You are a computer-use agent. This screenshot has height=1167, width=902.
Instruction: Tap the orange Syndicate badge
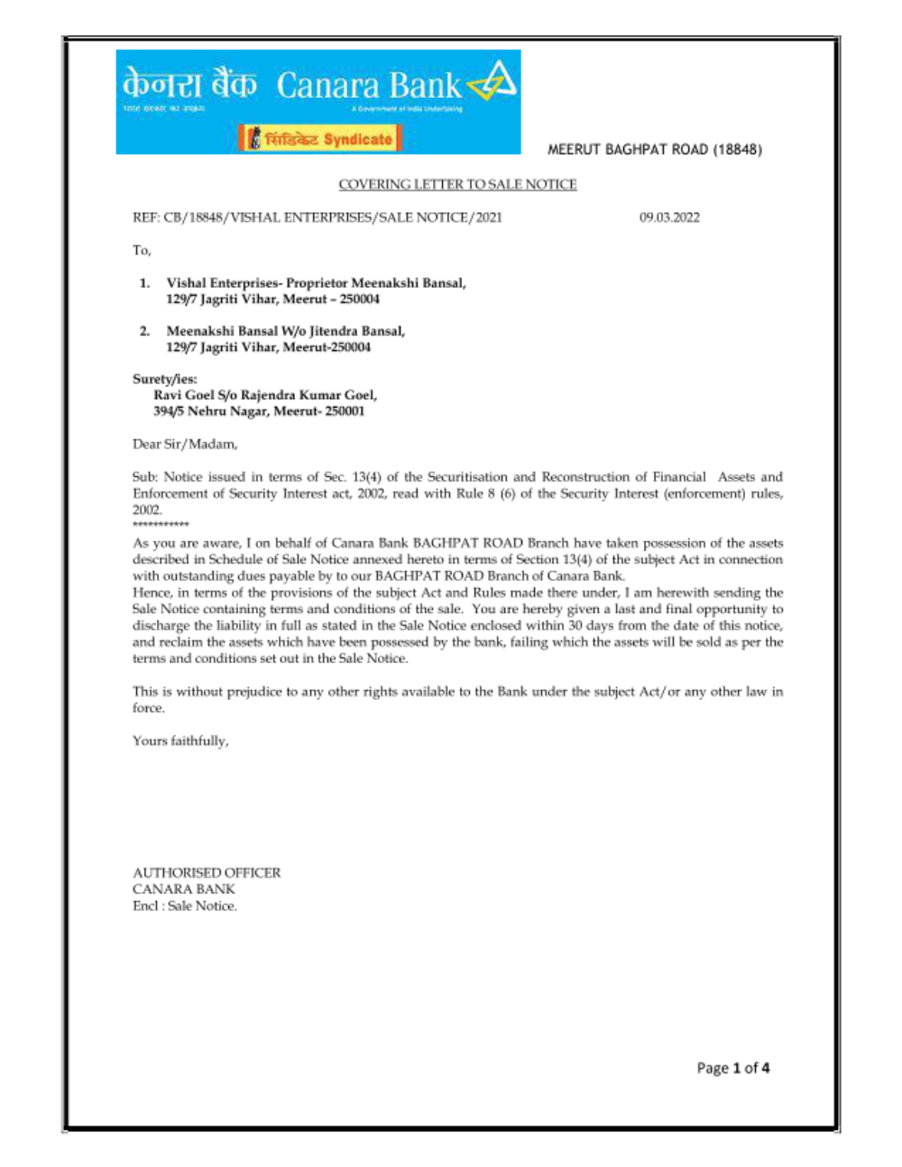(320, 139)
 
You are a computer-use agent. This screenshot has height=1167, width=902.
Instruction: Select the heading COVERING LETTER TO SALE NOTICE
(457, 184)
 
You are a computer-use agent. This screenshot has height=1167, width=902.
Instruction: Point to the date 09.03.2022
(669, 217)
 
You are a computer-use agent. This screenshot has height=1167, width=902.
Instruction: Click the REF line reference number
(317, 217)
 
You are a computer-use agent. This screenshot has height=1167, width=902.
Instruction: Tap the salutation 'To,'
(142, 250)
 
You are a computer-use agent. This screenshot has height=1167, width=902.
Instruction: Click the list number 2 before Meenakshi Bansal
(144, 331)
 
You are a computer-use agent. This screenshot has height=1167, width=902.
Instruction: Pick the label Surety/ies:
(164, 379)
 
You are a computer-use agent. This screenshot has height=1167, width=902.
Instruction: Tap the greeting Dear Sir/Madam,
(185, 444)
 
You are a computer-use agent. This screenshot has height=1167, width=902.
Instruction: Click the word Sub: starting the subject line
(145, 477)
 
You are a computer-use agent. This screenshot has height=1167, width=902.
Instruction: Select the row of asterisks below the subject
(161, 524)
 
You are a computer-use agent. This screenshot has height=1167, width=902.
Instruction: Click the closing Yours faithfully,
(180, 740)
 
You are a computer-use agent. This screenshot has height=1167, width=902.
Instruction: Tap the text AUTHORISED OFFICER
(207, 872)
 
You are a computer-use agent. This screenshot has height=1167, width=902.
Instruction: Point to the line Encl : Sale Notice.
(185, 905)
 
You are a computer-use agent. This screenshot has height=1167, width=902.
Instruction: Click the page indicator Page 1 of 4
(732, 1068)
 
